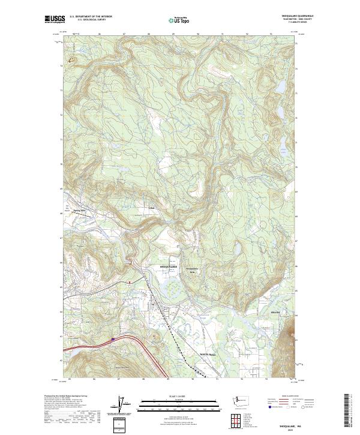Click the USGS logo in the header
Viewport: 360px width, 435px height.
(x=53, y=19)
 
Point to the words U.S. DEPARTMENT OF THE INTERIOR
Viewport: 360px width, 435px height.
(x=91, y=16)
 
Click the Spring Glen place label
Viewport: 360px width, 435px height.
(x=80, y=211)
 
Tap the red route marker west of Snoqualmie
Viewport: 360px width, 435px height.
(x=129, y=281)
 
